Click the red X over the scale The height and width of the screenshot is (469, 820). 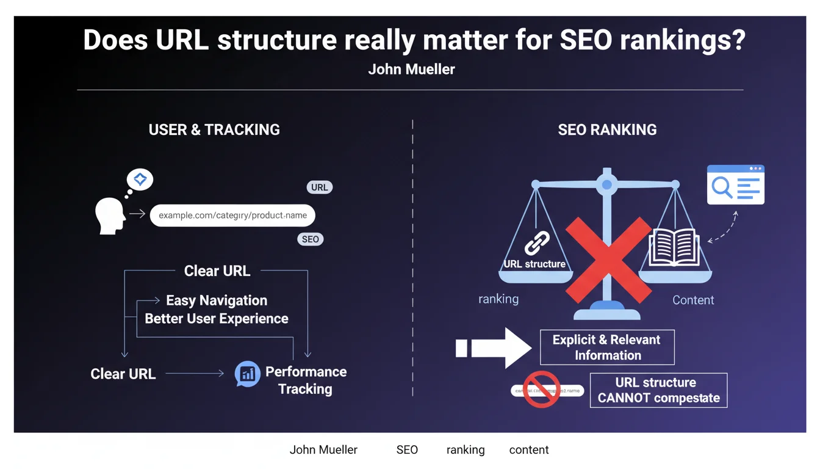coord(608,256)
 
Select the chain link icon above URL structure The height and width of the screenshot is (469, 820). coord(537,243)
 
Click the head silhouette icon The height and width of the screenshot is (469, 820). coord(110,215)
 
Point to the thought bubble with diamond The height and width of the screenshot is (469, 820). coord(140,180)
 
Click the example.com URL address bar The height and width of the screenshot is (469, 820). coord(232,216)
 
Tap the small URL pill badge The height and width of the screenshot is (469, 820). coord(320,187)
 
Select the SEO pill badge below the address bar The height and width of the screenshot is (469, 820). coord(311,239)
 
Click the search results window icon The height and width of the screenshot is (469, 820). coord(735,185)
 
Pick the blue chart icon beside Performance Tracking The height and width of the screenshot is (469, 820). coord(248,374)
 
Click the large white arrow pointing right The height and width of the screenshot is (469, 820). coord(494,349)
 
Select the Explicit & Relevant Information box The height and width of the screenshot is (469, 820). coord(607,347)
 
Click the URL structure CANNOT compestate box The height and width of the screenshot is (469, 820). coord(658,390)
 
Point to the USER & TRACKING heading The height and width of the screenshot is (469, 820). coord(214,129)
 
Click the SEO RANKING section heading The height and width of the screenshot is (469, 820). coord(607,129)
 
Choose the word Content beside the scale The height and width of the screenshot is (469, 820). coord(693,300)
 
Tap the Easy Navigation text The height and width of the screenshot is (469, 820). coord(217,300)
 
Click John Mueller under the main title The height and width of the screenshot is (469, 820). coord(411,70)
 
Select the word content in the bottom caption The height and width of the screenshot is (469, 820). coord(529,450)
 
